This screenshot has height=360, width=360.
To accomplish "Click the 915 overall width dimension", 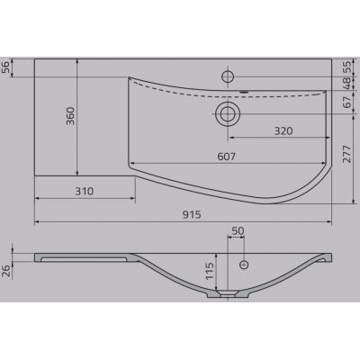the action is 192,214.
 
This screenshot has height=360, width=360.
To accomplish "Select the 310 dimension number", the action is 85,191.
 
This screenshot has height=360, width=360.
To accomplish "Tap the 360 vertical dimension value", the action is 70,116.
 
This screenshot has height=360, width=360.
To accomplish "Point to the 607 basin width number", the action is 226,157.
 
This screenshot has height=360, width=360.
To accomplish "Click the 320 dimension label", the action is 283,130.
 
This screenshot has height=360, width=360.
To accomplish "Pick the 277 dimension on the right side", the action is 346,154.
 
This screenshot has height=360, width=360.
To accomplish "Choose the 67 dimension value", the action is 346,103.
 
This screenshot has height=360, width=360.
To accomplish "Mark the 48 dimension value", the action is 346,84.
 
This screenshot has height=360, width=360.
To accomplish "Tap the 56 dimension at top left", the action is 6,67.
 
